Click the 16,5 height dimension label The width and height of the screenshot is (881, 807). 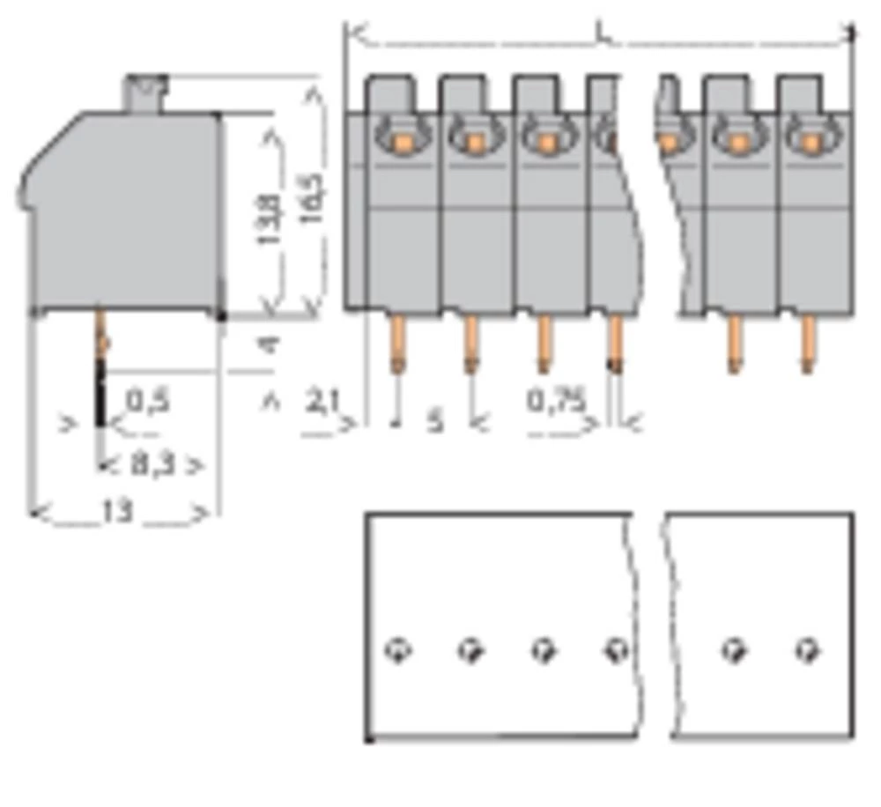(312, 196)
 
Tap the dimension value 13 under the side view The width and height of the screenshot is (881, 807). (117, 511)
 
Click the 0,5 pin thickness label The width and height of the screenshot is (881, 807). (148, 403)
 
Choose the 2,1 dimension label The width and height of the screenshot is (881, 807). (322, 403)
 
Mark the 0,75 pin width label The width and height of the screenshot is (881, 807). (557, 402)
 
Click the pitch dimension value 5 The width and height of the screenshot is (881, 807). (435, 421)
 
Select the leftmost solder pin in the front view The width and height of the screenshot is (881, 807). (398, 344)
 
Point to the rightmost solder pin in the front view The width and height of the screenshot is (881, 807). (806, 344)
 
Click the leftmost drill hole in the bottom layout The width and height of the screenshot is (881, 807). (398, 651)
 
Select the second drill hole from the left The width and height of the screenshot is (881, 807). (470, 651)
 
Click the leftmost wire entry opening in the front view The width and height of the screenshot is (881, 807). (400, 138)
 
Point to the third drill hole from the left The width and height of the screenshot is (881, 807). (544, 651)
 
